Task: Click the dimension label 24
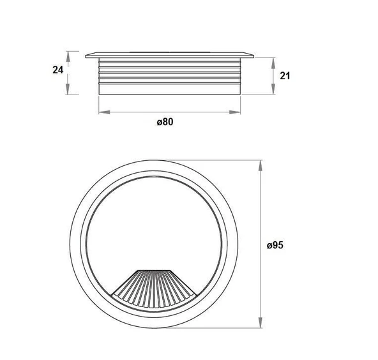pyautogui.click(x=58, y=70)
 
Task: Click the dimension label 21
pyautogui.click(x=285, y=76)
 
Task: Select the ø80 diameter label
pyautogui.click(x=165, y=122)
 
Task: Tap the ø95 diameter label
pyautogui.click(x=275, y=245)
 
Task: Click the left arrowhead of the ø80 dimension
pyautogui.click(x=104, y=112)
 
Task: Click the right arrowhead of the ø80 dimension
pyautogui.click(x=235, y=112)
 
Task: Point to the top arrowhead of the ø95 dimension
pyautogui.click(x=261, y=165)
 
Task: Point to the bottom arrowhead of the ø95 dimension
pyautogui.click(x=261, y=322)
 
